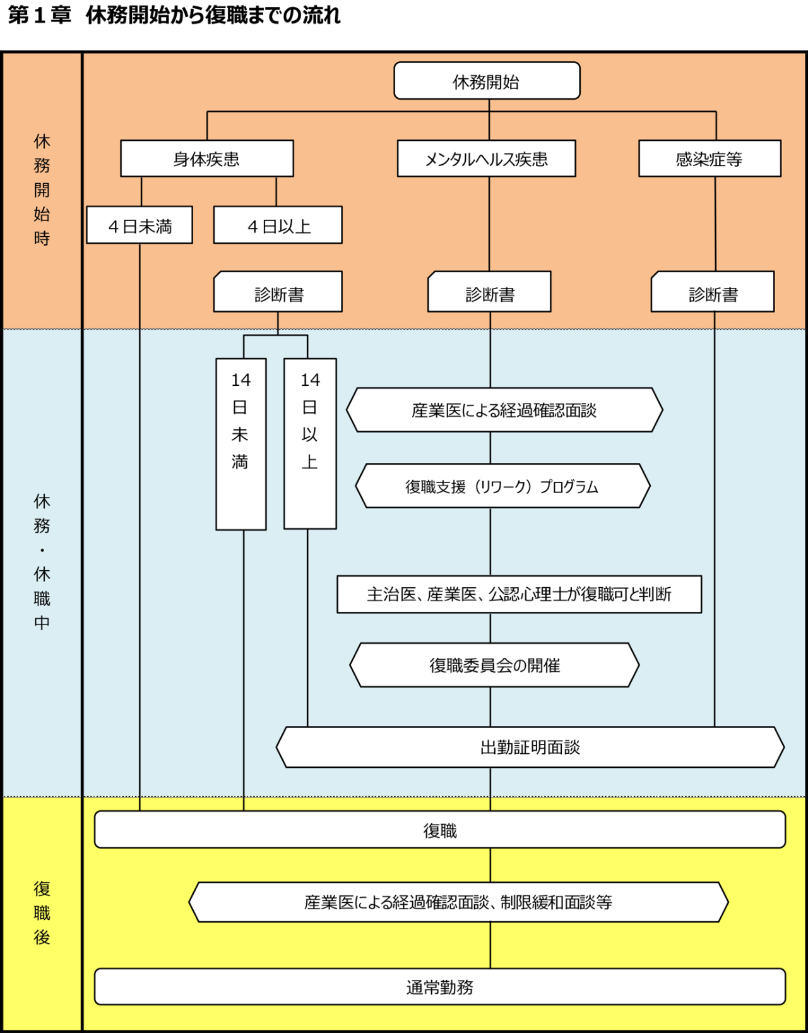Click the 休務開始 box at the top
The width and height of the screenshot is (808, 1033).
pyautogui.click(x=487, y=81)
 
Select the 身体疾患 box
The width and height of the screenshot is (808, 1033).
pyautogui.click(x=207, y=158)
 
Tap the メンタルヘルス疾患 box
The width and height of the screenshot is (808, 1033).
pyautogui.click(x=486, y=158)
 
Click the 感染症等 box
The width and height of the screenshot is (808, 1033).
pyautogui.click(x=710, y=158)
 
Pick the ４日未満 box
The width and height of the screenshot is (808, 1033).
pyautogui.click(x=140, y=225)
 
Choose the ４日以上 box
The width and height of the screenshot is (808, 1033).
pyautogui.click(x=278, y=225)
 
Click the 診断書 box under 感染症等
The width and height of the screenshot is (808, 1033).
pyautogui.click(x=713, y=292)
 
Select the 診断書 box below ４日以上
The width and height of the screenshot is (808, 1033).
pyautogui.click(x=278, y=292)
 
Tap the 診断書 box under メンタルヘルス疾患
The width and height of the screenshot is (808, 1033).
pyautogui.click(x=489, y=292)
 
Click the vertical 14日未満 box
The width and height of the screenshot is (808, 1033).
pyautogui.click(x=241, y=444)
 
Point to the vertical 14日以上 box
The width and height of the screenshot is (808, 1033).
pyautogui.click(x=310, y=444)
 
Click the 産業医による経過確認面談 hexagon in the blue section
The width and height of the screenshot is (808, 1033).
pyautogui.click(x=504, y=410)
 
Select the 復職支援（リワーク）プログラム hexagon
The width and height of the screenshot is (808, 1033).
pyautogui.click(x=502, y=486)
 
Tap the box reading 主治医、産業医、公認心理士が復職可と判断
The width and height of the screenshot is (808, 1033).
pyautogui.click(x=519, y=594)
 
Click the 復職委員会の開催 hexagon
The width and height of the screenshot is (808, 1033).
pyautogui.click(x=494, y=665)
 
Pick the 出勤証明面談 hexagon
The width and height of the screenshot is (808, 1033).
pyautogui.click(x=530, y=748)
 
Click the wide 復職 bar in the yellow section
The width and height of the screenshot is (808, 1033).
pyautogui.click(x=440, y=830)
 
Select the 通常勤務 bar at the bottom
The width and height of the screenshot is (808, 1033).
pyautogui.click(x=440, y=986)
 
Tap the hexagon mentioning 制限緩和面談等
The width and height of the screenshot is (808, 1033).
pyautogui.click(x=458, y=902)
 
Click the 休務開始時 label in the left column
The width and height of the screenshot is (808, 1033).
pyautogui.click(x=42, y=189)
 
